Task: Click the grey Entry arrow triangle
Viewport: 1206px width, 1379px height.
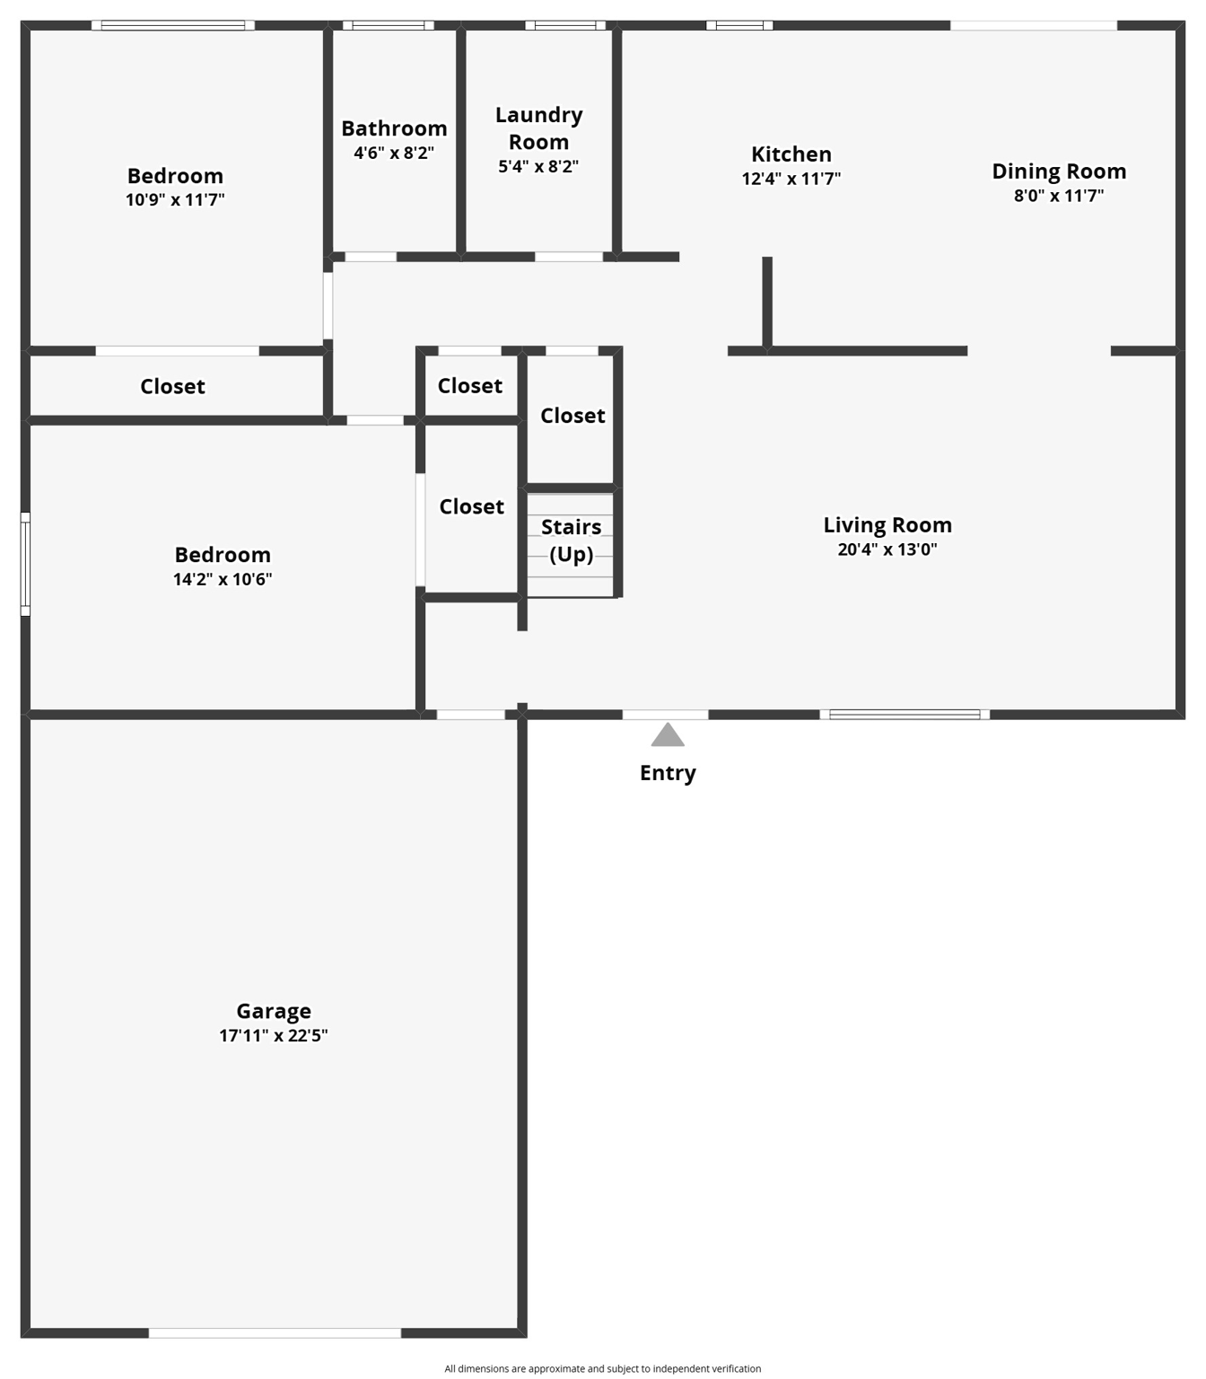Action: (668, 735)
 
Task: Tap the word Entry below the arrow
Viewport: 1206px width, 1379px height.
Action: (668, 773)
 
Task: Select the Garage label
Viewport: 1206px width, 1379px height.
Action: (274, 1012)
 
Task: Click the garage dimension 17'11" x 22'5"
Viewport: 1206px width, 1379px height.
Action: (274, 1036)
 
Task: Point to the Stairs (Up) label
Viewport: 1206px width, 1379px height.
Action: (572, 540)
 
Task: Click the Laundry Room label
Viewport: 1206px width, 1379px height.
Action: (539, 128)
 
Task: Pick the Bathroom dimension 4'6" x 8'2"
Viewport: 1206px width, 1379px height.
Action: (394, 154)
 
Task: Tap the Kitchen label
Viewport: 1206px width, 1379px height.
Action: (791, 154)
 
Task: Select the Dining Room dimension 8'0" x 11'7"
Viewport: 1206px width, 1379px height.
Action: (1059, 196)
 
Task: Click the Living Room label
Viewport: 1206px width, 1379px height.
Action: (887, 525)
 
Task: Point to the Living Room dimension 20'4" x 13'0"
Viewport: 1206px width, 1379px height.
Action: (887, 549)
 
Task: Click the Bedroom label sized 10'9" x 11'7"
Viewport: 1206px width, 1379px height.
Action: (175, 176)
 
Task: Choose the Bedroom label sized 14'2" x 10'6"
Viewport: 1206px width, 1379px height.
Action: (223, 555)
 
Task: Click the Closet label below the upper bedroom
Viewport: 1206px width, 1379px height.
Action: (172, 387)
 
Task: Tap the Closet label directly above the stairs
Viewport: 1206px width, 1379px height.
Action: (572, 416)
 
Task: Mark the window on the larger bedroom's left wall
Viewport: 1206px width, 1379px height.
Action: (26, 564)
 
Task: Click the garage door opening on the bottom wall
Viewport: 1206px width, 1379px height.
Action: (275, 1333)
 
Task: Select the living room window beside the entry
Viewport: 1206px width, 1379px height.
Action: (904, 715)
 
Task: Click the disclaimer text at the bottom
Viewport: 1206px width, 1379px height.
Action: (602, 1369)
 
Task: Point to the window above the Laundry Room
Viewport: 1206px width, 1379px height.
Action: (565, 25)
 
